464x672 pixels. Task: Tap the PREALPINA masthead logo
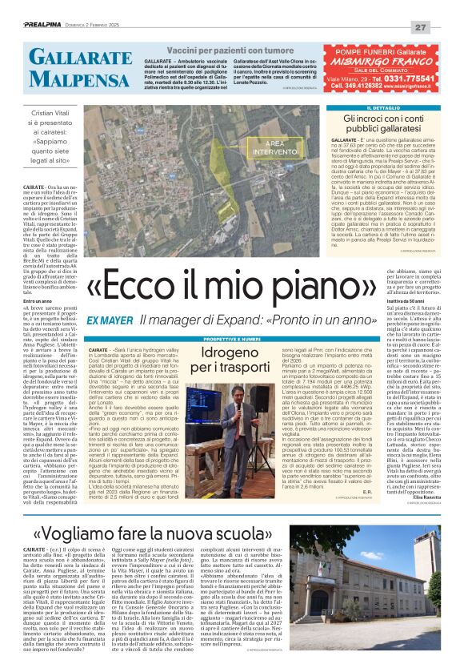pyautogui.click(x=49, y=26)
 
